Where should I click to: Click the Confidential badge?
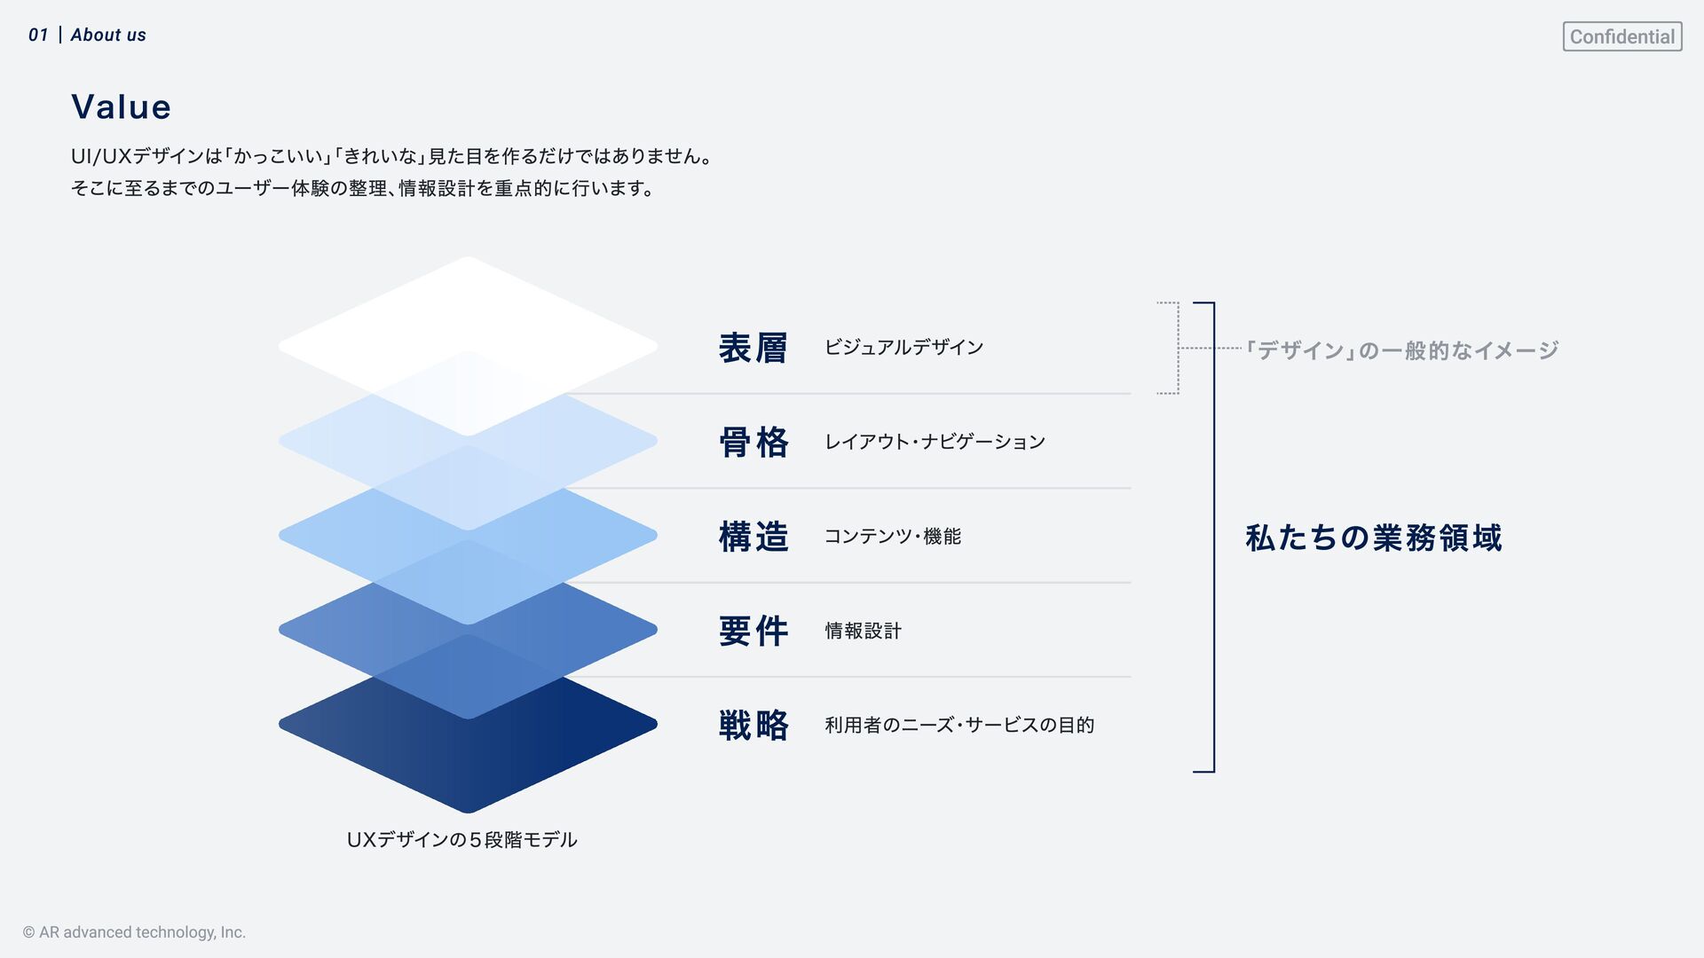(1621, 36)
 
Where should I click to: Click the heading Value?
(121, 107)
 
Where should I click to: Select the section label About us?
(108, 35)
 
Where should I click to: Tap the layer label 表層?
(753, 348)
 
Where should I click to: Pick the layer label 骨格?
(753, 442)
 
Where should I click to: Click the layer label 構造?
(753, 537)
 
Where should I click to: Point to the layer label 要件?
(753, 631)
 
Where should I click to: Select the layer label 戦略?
(753, 725)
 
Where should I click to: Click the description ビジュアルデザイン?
(903, 348)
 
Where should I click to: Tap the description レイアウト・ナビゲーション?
(935, 442)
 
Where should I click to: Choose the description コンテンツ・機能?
(892, 537)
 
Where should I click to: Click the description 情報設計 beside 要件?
(863, 631)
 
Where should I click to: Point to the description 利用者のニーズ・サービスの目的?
(958, 725)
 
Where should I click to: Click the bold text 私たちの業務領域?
(1373, 538)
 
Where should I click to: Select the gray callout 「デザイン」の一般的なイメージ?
(1402, 350)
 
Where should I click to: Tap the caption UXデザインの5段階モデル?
(461, 839)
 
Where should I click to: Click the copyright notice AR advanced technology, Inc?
(134, 932)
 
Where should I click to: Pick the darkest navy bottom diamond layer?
(468, 763)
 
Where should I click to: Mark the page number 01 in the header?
(38, 35)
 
